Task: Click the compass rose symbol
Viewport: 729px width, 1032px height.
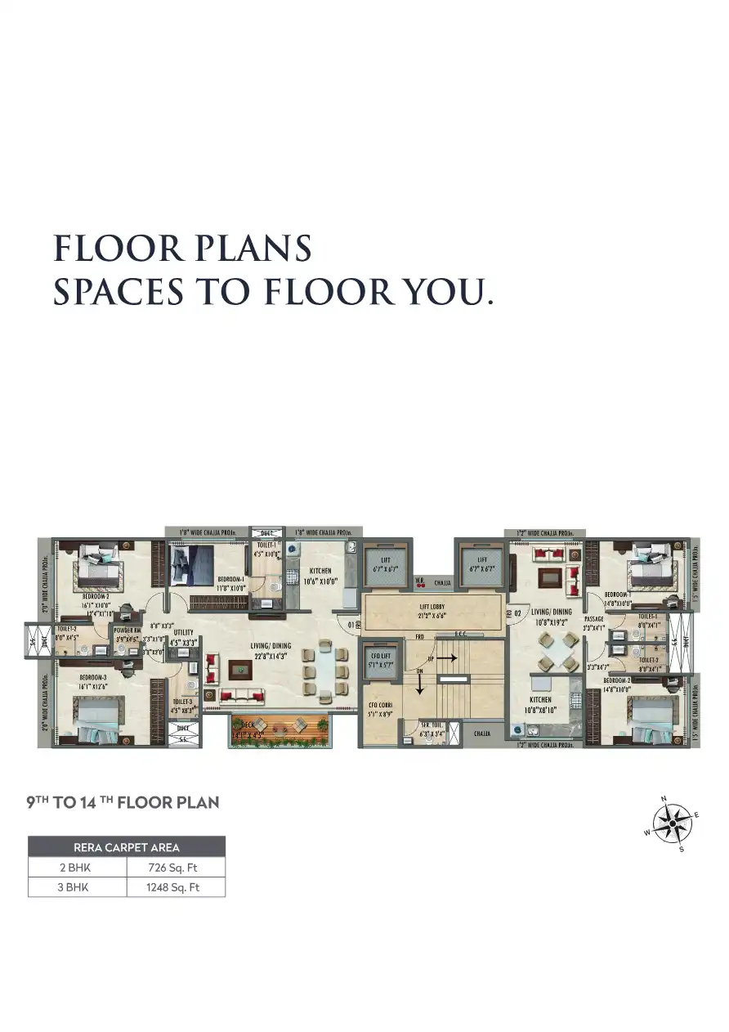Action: (x=673, y=824)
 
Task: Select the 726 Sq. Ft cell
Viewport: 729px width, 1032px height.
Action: (x=176, y=867)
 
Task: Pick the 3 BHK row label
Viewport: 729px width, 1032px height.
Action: (x=77, y=886)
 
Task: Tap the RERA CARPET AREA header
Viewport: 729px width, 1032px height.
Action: (x=127, y=847)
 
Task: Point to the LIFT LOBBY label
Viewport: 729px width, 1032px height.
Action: (x=432, y=608)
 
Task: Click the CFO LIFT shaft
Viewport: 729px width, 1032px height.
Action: (x=379, y=660)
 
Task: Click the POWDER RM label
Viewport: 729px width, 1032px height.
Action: (x=127, y=630)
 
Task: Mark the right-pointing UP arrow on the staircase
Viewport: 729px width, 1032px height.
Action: (x=445, y=657)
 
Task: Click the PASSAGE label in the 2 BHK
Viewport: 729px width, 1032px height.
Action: (x=594, y=620)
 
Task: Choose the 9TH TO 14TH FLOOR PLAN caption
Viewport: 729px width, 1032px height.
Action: (x=123, y=802)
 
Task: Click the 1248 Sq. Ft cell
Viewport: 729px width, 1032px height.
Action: (x=176, y=886)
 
